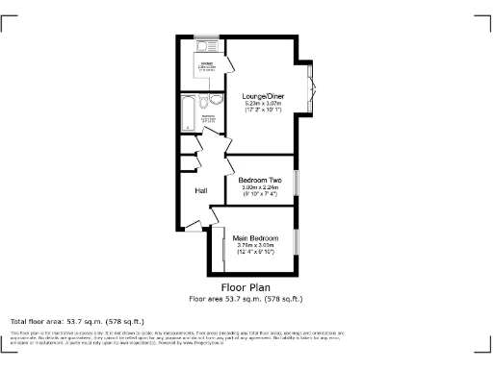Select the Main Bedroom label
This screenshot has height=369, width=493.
point(256,237)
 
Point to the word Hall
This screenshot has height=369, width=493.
point(201,191)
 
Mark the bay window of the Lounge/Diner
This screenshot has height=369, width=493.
point(310,86)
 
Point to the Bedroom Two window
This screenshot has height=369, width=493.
point(297,181)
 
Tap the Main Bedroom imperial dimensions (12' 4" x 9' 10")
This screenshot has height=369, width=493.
point(256,253)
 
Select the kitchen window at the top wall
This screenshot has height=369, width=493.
point(205,37)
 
